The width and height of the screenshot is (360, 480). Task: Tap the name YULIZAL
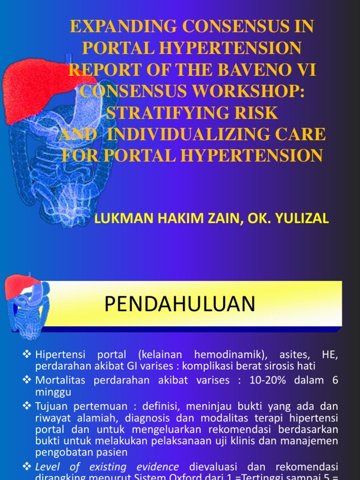(x=302, y=218)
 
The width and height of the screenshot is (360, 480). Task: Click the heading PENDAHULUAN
(x=180, y=304)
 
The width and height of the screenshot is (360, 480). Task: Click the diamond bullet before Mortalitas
(x=27, y=380)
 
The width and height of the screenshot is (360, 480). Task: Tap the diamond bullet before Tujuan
(x=27, y=405)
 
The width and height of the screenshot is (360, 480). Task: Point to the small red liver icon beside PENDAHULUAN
(x=21, y=287)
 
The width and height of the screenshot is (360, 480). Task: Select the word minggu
(x=52, y=391)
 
